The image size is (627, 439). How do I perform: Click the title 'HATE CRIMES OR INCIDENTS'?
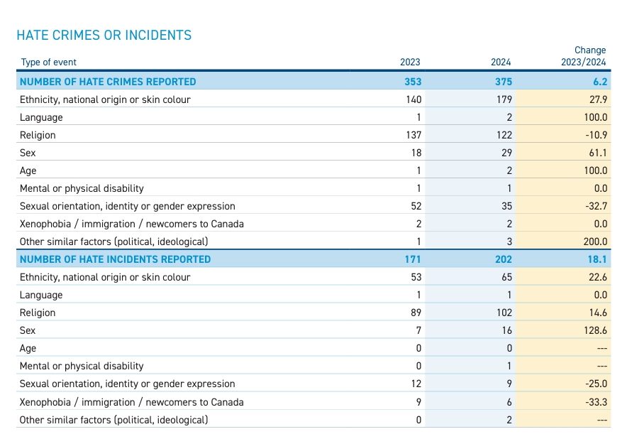[104, 36]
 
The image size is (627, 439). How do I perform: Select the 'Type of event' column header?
[48, 62]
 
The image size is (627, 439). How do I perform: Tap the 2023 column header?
[410, 62]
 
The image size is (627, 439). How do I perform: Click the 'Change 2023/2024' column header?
[584, 56]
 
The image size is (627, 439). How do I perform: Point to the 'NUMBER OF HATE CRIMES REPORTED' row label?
[108, 82]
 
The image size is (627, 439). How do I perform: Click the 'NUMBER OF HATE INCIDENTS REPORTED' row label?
[115, 259]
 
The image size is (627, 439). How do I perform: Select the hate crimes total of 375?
[503, 82]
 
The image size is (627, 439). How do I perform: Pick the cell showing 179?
[504, 99]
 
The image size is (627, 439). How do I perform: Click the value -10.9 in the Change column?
[596, 135]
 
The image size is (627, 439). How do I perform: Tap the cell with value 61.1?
[598, 153]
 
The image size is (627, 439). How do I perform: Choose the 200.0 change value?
[595, 242]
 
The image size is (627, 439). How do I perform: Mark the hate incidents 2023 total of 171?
[413, 259]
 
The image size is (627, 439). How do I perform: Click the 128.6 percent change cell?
[595, 330]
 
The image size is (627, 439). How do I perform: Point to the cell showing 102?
[504, 313]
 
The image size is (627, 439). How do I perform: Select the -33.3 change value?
[596, 402]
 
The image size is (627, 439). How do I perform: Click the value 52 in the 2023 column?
[416, 206]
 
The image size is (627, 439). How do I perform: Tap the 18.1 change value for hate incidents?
[597, 259]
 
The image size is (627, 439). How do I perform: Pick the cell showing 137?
[414, 135]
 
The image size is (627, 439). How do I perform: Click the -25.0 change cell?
[596, 384]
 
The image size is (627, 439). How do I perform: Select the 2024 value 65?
[506, 277]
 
